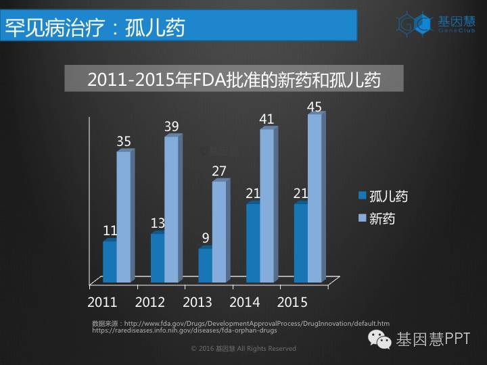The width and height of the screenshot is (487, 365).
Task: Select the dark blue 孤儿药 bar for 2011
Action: coord(110,262)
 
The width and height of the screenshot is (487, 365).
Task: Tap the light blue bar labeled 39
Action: coord(171,209)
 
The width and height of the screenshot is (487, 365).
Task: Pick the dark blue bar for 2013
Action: coord(205,265)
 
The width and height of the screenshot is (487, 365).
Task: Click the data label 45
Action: coord(314,107)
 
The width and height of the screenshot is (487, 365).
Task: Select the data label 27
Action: coord(218,171)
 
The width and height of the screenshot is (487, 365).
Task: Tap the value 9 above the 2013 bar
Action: coord(205,238)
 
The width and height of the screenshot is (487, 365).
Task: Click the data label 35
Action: coord(124,141)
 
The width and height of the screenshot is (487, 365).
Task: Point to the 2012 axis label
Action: coord(150,301)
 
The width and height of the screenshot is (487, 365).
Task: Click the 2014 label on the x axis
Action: coord(246,301)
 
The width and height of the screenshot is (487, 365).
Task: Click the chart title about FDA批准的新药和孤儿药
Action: coord(234,79)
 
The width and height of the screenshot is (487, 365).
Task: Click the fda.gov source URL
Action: coord(257,324)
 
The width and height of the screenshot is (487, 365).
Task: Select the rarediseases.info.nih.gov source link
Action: coord(184,331)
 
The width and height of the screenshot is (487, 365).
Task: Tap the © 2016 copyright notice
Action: coord(243,349)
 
